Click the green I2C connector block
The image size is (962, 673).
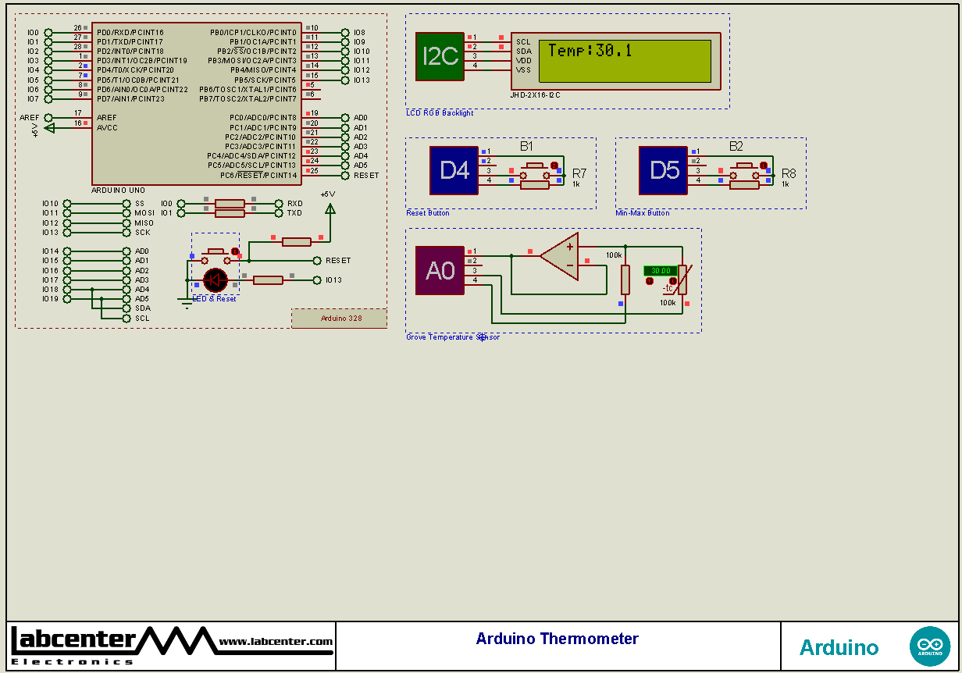point(440,56)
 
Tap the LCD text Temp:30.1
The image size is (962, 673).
point(590,51)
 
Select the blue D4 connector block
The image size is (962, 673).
point(454,170)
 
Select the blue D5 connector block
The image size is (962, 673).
point(663,170)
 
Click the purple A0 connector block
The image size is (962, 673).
point(439,270)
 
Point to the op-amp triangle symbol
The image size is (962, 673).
point(561,257)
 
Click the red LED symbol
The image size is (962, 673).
point(215,280)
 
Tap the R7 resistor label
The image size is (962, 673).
point(579,173)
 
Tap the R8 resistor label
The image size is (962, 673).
point(789,173)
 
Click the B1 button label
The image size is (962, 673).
point(526,146)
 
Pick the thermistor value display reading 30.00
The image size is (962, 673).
point(660,271)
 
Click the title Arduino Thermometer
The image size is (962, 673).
point(557,639)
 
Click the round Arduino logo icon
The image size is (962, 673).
point(929,646)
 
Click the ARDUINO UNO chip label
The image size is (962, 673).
point(118,191)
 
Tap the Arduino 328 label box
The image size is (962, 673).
point(339,318)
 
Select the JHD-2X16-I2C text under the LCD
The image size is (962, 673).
point(535,95)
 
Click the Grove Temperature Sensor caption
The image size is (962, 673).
point(452,337)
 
